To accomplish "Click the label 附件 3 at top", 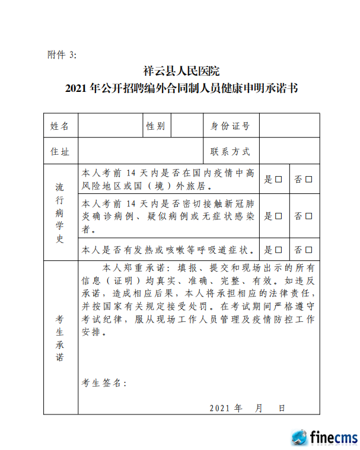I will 62,55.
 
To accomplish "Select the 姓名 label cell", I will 60,126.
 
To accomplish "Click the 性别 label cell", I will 156,126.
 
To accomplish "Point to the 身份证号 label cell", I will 230,126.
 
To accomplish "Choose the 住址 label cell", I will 60,152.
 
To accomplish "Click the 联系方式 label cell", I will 230,152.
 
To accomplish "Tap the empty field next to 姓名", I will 111,126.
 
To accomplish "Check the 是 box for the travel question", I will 278,179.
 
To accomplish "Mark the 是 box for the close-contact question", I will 278,216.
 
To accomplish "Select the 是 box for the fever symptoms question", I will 278,250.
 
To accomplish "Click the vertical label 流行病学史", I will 60,212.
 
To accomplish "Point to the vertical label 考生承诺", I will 60,337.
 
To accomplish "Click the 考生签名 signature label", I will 103,383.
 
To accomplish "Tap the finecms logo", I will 324,438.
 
